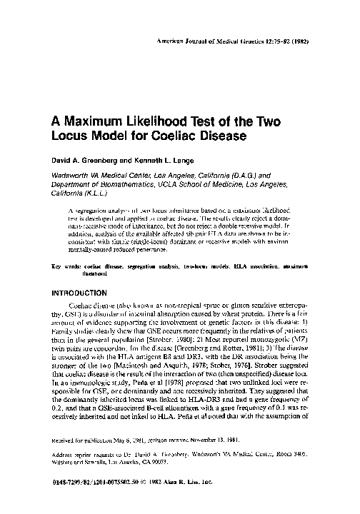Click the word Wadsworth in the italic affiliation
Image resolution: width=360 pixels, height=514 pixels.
point(70,176)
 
